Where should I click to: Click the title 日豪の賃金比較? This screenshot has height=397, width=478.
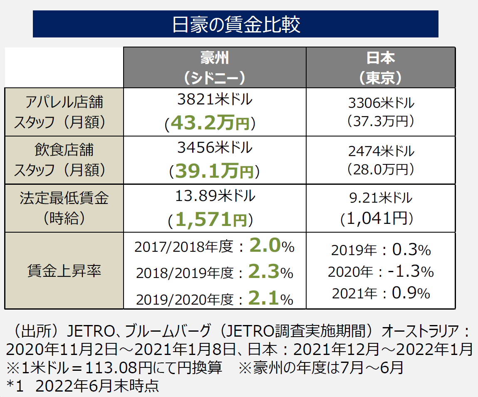click(x=235, y=24)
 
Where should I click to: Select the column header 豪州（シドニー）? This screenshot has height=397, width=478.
click(x=214, y=67)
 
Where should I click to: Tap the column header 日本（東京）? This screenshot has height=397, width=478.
click(x=380, y=67)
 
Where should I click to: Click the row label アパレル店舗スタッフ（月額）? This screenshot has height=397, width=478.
click(x=64, y=112)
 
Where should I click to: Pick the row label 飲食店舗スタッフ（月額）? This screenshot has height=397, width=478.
click(x=64, y=160)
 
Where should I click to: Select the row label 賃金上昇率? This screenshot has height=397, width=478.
click(x=64, y=271)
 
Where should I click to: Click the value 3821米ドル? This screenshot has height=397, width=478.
click(x=214, y=100)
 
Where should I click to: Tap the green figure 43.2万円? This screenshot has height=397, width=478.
click(x=210, y=123)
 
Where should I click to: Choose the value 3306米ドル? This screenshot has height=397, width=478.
click(x=381, y=102)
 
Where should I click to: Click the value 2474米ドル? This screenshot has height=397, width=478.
click(x=381, y=151)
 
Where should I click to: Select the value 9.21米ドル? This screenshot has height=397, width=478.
click(x=381, y=198)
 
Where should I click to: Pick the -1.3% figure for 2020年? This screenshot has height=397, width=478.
click(x=410, y=272)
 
